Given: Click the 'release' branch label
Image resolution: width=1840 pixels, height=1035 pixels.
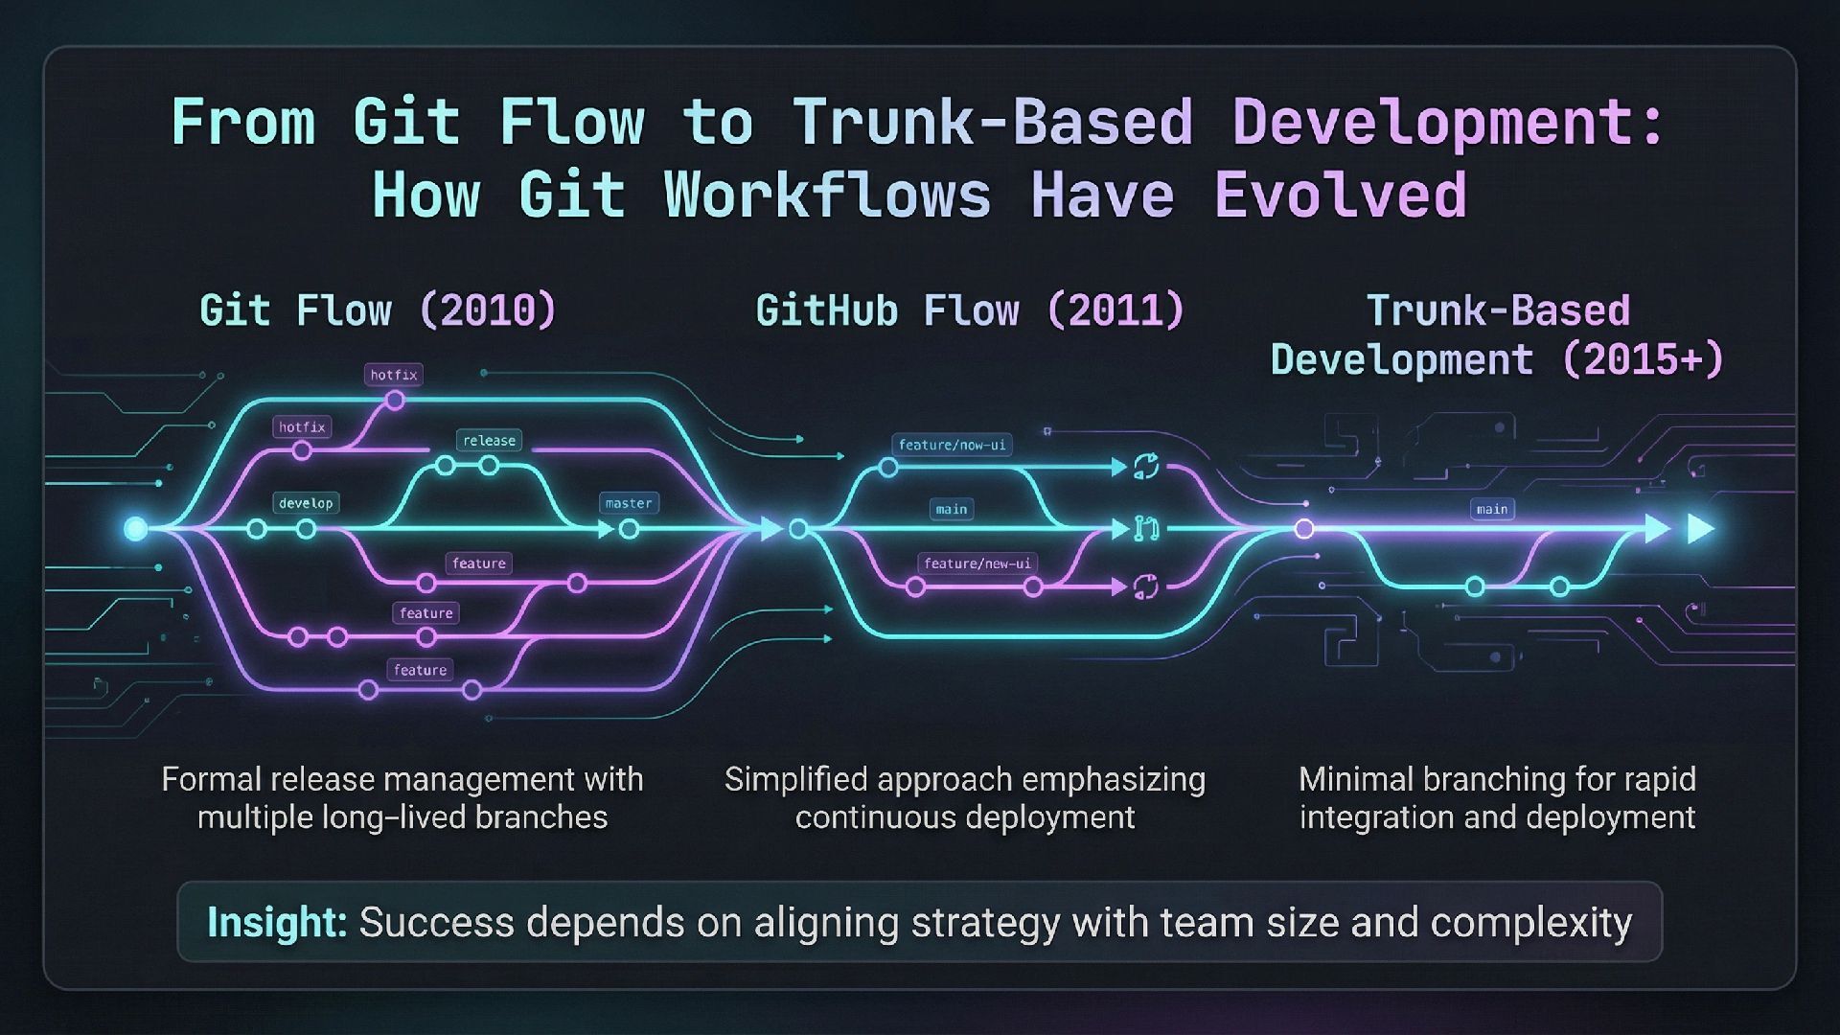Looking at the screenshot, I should pyautogui.click(x=489, y=441).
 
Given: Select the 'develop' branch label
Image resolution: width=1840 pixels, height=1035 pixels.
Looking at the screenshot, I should pyautogui.click(x=306, y=503).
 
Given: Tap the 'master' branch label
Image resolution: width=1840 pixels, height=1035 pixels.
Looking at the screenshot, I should pyautogui.click(x=629, y=503).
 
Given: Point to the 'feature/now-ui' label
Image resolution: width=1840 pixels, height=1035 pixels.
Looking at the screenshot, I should pyautogui.click(x=952, y=445).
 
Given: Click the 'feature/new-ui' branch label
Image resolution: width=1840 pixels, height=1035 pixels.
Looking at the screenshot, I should pyautogui.click(x=977, y=563).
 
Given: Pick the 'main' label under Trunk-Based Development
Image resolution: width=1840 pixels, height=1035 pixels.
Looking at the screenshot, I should pyautogui.click(x=1492, y=509).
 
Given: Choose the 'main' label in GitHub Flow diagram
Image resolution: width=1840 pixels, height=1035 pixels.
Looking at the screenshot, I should pyautogui.click(x=952, y=509).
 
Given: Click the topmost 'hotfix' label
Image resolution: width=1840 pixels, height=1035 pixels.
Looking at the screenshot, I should pyautogui.click(x=394, y=375).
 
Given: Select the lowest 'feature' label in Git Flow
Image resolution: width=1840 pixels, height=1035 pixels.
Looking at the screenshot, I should pyautogui.click(x=420, y=670).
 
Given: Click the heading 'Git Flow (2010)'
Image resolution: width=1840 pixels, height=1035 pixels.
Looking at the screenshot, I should pyautogui.click(x=378, y=310).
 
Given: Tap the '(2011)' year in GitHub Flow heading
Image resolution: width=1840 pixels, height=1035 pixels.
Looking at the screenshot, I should pyautogui.click(x=1115, y=310).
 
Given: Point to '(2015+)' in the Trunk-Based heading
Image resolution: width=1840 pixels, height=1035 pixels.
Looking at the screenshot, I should pyautogui.click(x=1643, y=360).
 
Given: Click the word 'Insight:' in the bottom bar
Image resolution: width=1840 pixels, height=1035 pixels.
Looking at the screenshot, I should pyautogui.click(x=277, y=922).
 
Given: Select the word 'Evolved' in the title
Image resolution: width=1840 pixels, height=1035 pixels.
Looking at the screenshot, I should pyautogui.click(x=1340, y=195).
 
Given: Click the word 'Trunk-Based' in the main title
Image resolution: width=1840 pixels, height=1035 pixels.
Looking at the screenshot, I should pyautogui.click(x=993, y=123).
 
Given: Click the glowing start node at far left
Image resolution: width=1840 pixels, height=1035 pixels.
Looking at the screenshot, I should pyautogui.click(x=136, y=528).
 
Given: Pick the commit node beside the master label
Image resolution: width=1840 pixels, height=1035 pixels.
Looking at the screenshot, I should pyautogui.click(x=629, y=529).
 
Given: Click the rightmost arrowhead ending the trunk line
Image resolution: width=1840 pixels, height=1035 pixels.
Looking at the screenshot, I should pyautogui.click(x=1700, y=528).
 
